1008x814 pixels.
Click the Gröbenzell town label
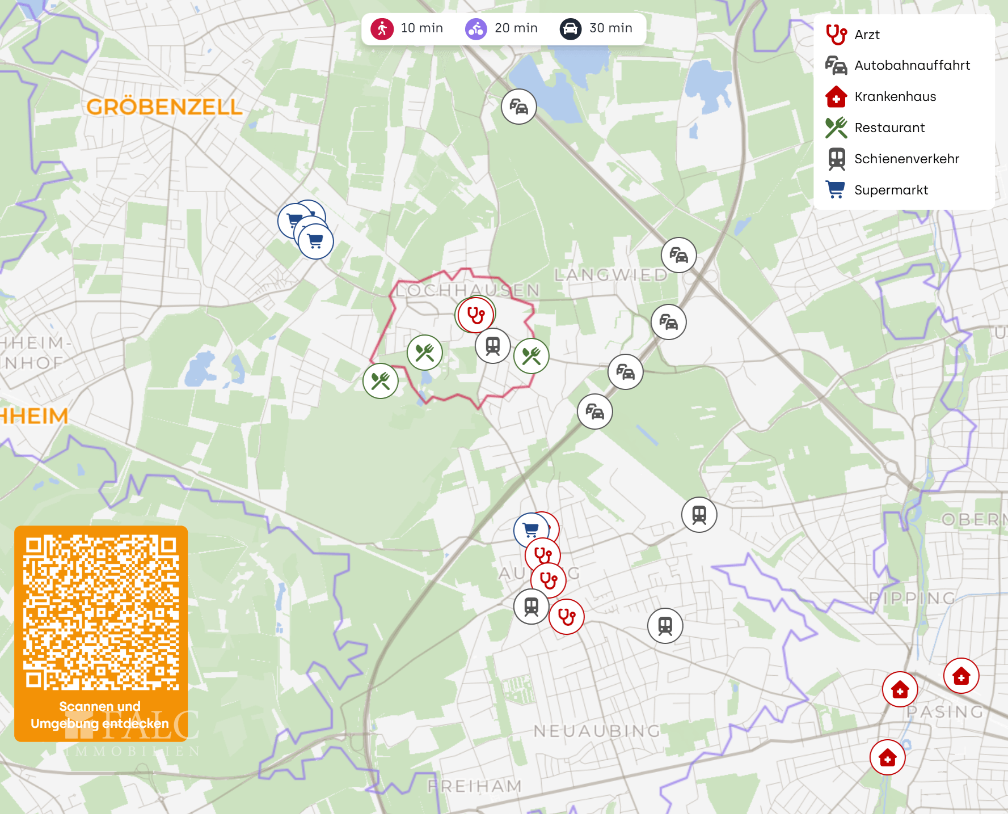pyautogui.click(x=164, y=107)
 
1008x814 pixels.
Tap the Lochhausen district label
pyautogui.click(x=467, y=290)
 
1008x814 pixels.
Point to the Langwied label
pyautogui.click(x=611, y=275)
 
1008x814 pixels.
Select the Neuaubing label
pyautogui.click(x=597, y=731)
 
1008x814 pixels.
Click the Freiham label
pyautogui.click(x=474, y=786)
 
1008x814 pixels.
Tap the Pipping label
pyautogui.click(x=912, y=598)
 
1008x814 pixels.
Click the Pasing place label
pyautogui.click(x=944, y=712)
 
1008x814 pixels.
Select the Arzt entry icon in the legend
pyautogui.click(x=836, y=35)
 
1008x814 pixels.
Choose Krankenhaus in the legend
pyautogui.click(x=895, y=97)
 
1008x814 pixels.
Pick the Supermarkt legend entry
pyautogui.click(x=891, y=190)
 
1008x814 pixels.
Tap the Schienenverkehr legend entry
pyautogui.click(x=906, y=159)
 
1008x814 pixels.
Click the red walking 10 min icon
pyautogui.click(x=382, y=28)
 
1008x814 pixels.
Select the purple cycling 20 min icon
pyautogui.click(x=476, y=28)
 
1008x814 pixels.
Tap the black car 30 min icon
pyautogui.click(x=570, y=28)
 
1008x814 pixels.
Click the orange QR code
pyautogui.click(x=101, y=612)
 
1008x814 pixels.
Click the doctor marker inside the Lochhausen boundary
pyautogui.click(x=476, y=315)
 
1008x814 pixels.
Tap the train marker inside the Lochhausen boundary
pyautogui.click(x=493, y=345)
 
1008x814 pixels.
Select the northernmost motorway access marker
pyautogui.click(x=518, y=106)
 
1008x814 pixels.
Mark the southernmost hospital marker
pyautogui.click(x=887, y=757)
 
